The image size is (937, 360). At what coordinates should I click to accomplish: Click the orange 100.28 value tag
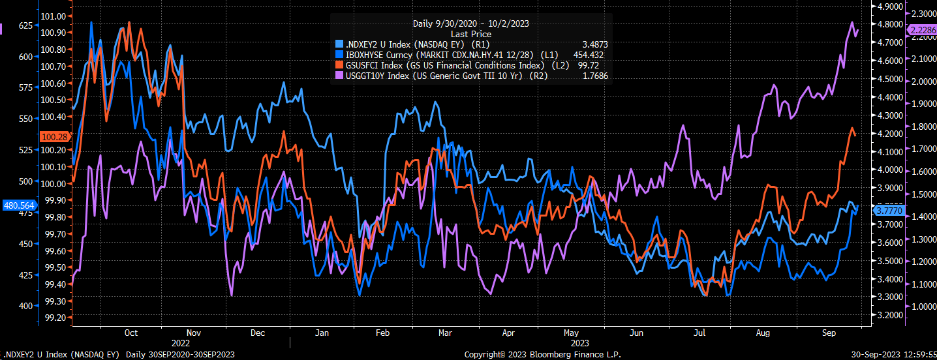pyautogui.click(x=53, y=137)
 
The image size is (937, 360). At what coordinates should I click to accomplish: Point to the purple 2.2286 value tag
pyautogui.click(x=922, y=30)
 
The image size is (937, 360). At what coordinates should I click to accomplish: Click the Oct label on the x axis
pyautogui.click(x=131, y=333)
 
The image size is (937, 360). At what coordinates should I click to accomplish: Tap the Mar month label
pyautogui.click(x=445, y=333)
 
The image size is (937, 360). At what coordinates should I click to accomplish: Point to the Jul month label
pyautogui.click(x=699, y=333)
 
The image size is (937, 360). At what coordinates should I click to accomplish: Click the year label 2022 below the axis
pyautogui.click(x=181, y=343)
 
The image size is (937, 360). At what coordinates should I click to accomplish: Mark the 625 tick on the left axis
pyautogui.click(x=25, y=25)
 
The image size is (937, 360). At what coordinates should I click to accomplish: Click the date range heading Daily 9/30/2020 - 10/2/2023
pyautogui.click(x=470, y=23)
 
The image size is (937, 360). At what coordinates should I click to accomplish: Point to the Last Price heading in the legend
pyautogui.click(x=470, y=33)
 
